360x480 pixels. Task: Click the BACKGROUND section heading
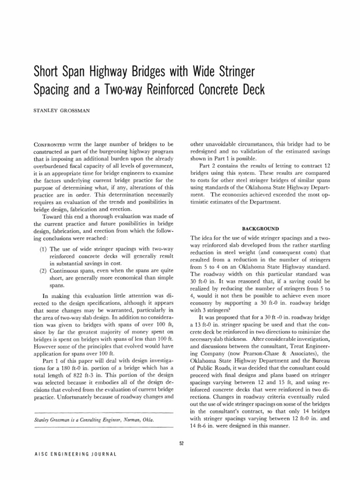click(260, 228)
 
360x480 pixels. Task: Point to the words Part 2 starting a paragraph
click(208, 166)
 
